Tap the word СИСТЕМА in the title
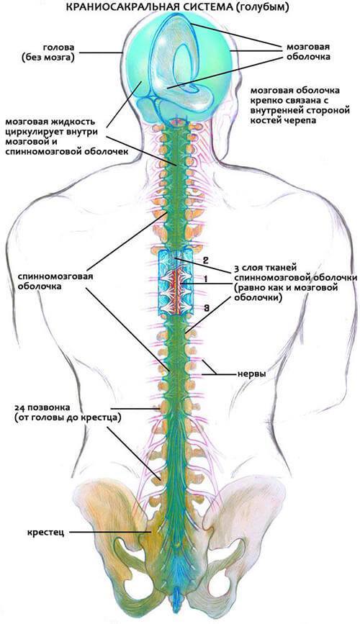click(194, 7)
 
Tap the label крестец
click(46, 533)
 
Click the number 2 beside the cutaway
click(205, 261)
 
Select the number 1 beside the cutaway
click(205, 279)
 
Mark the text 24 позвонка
click(42, 408)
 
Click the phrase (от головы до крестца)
click(67, 418)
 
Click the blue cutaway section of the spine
click(175, 281)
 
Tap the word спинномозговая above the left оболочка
click(55, 276)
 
